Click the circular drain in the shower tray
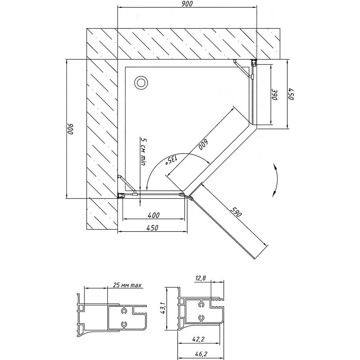tap(141, 82)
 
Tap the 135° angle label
tap(172, 160)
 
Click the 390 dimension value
tap(275, 94)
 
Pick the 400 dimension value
tap(154, 215)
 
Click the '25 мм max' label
tap(127, 285)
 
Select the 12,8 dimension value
tap(201, 278)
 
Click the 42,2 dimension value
tap(198, 339)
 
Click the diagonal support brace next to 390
tap(242, 68)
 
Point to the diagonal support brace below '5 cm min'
tap(126, 184)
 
